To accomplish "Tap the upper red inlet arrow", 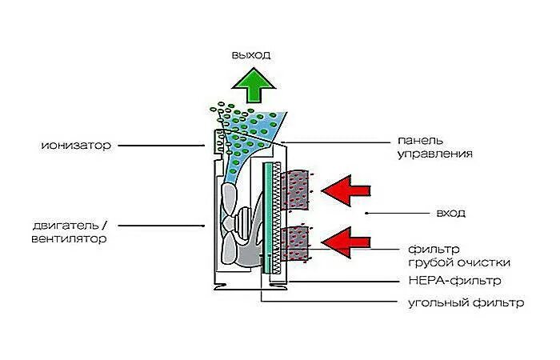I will (346, 190).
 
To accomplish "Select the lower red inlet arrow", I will (346, 239).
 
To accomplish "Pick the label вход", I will (451, 214).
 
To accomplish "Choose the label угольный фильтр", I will (465, 303).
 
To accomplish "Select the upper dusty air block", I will (298, 190).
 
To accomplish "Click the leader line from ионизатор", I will (168, 146).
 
